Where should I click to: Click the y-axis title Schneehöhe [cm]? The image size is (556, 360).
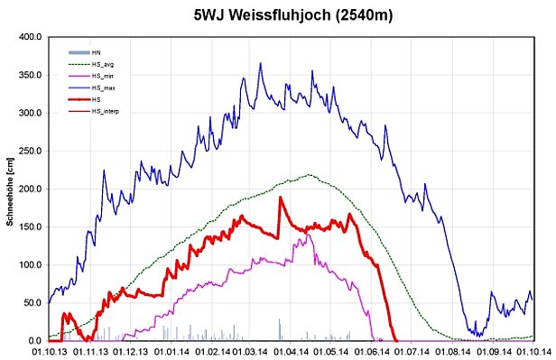pyautogui.click(x=9, y=189)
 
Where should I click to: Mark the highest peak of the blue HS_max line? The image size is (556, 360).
pyautogui.click(x=261, y=63)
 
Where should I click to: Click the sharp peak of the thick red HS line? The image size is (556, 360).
pyautogui.click(x=280, y=198)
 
